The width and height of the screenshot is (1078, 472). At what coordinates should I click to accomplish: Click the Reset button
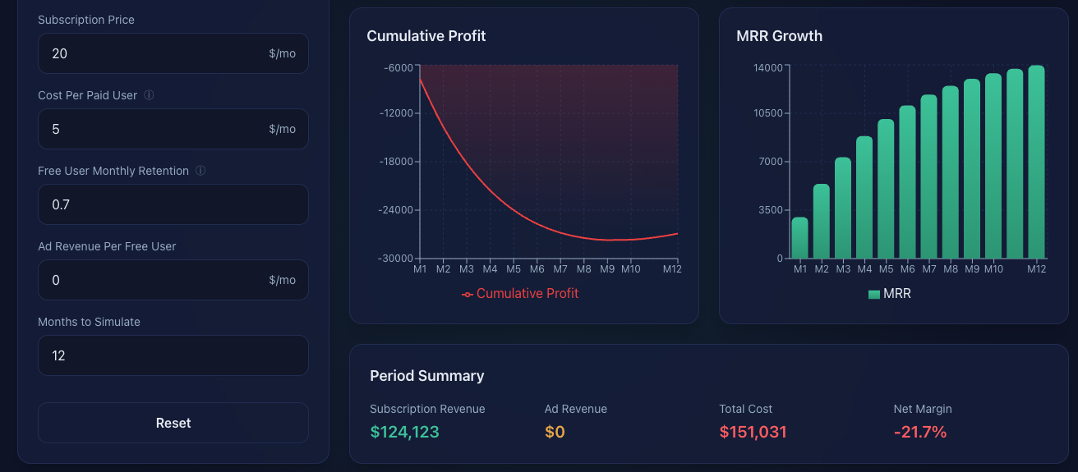click(173, 423)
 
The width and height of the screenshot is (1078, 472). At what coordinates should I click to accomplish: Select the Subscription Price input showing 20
click(156, 53)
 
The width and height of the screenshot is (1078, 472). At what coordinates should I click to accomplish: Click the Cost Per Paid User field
click(156, 129)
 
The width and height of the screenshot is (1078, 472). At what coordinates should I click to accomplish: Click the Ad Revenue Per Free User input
click(156, 280)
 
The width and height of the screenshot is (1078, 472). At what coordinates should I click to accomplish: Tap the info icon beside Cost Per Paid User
click(149, 95)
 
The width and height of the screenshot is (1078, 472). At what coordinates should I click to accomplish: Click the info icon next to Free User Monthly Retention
click(200, 171)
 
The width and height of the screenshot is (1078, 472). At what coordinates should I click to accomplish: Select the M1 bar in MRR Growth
click(799, 238)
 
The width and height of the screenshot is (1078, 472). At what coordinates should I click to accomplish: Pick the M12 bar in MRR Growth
click(1036, 163)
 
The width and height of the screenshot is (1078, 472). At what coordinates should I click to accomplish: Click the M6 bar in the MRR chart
click(907, 182)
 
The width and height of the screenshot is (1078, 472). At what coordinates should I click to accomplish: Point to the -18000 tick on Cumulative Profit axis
click(396, 162)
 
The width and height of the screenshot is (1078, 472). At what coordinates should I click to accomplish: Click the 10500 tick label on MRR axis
click(768, 113)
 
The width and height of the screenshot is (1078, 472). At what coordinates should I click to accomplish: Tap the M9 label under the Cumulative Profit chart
click(607, 268)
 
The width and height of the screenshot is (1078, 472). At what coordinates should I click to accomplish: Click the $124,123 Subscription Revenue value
click(404, 432)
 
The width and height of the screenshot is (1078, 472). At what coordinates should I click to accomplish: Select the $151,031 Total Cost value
click(753, 432)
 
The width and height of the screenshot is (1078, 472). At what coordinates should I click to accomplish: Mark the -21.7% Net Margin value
click(920, 432)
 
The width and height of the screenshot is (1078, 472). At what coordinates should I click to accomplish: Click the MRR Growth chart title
click(779, 36)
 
